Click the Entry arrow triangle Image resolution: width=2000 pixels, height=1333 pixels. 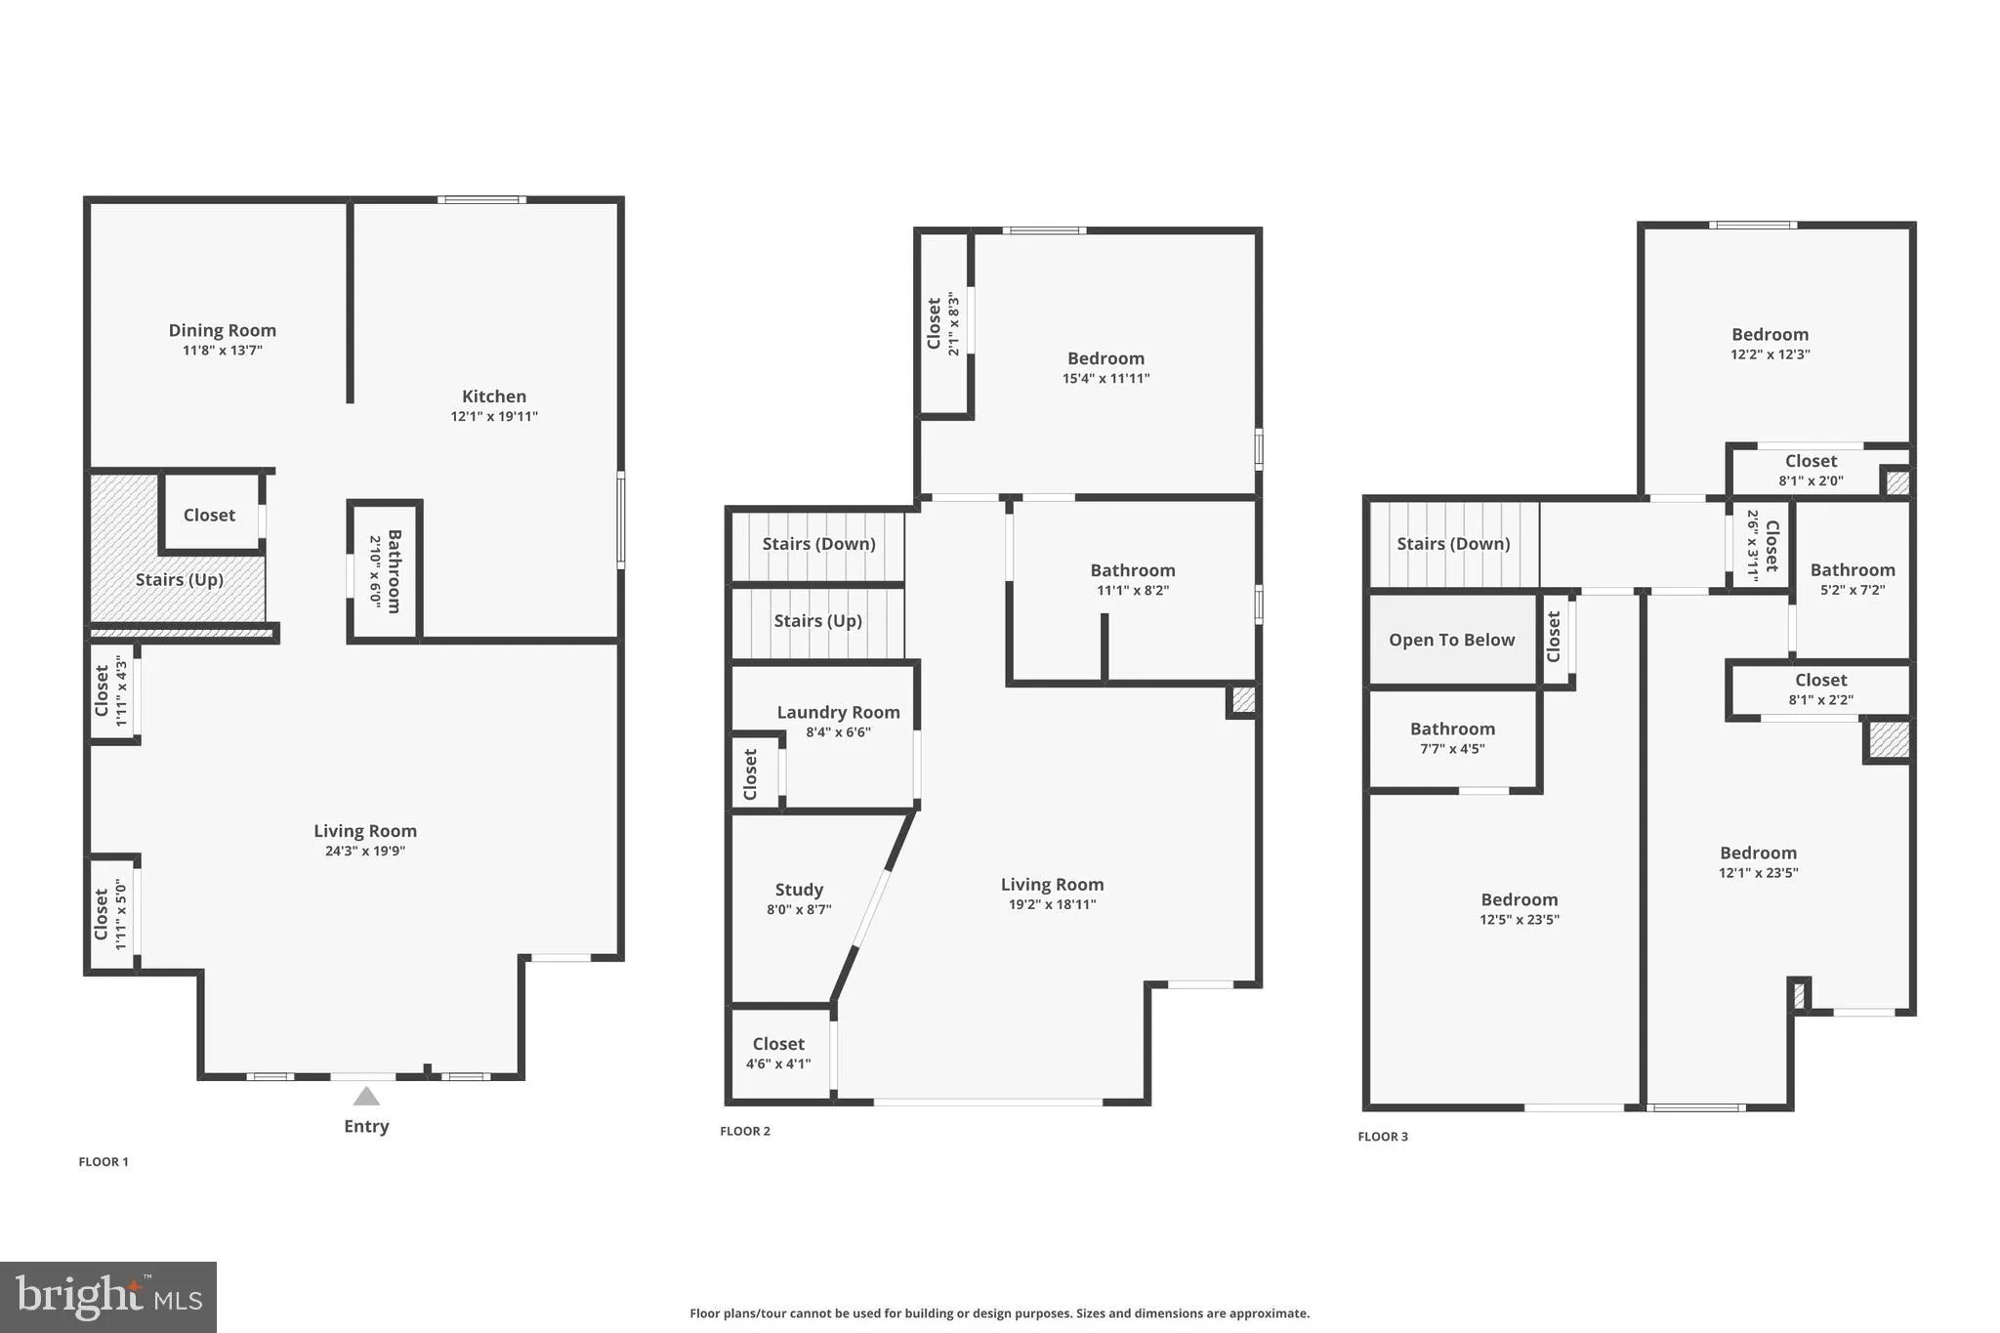coord(366,1096)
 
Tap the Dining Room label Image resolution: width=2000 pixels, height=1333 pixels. coord(222,330)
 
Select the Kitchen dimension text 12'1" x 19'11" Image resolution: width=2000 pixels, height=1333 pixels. coord(494,416)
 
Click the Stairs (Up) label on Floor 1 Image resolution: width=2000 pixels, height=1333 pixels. coord(180,579)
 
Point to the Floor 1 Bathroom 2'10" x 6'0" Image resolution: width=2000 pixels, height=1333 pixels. coord(386,571)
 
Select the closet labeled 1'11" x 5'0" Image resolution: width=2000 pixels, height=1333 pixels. coord(111,914)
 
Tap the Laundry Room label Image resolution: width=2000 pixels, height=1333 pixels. coord(838,712)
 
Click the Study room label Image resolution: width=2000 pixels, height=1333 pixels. coord(799,889)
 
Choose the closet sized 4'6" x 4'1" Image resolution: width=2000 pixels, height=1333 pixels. coord(778,1054)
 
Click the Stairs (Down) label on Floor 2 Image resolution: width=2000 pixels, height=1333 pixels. coord(818,543)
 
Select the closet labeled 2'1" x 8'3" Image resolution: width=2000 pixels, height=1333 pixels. coord(943,323)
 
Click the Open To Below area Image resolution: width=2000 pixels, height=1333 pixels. coord(1451,640)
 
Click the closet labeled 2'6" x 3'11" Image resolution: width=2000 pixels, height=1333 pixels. coord(1762,546)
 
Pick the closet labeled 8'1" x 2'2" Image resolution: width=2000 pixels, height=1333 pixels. coord(1820,688)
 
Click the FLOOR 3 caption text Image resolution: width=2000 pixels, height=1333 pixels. coord(1383,1137)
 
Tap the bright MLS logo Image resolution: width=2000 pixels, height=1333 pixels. coord(108,1297)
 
